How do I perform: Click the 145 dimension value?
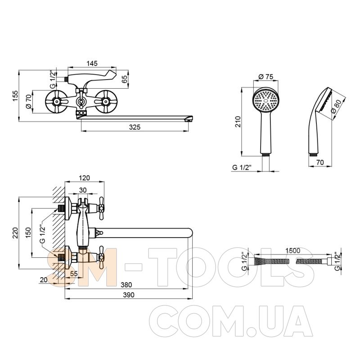point(92,63)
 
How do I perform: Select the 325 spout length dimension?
point(135,127)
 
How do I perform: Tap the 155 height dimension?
point(15,95)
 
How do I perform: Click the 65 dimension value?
point(125,79)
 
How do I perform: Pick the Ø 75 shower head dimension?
point(266,76)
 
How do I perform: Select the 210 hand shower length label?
point(238,121)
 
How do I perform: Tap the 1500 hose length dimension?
point(292,250)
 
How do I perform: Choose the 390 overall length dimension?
point(129,295)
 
